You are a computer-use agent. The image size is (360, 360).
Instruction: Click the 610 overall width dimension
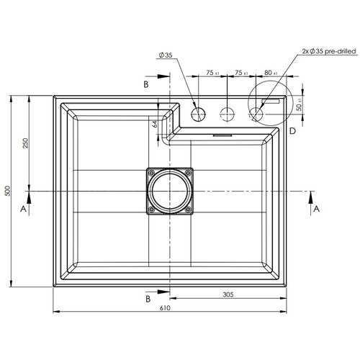click(165, 307)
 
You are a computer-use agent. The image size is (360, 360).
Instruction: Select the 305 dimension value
click(228, 294)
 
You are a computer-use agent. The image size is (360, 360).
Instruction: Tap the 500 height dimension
click(8, 191)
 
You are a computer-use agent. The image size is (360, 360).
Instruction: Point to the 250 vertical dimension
click(25, 143)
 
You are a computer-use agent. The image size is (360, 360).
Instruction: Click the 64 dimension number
click(155, 124)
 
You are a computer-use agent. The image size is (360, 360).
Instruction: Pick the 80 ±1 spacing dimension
click(271, 72)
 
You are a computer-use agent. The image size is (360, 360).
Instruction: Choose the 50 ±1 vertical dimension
click(300, 106)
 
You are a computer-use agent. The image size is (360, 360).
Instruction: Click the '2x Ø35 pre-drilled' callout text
click(329, 51)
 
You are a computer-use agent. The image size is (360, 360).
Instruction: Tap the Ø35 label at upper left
click(166, 55)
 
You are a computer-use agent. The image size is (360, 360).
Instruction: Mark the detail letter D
click(292, 131)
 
